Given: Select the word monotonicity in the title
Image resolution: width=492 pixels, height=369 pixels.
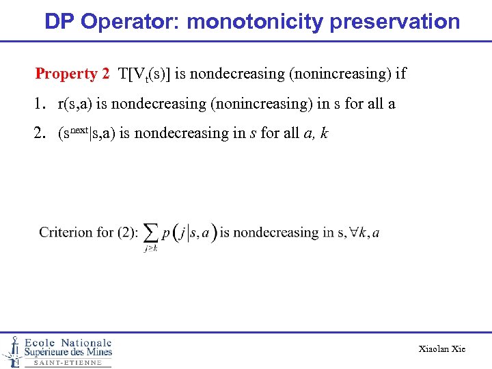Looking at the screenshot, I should (x=255, y=21).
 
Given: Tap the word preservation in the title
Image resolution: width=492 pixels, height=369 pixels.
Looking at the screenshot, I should (x=395, y=21).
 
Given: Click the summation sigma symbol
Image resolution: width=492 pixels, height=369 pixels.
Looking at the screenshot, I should (x=151, y=233).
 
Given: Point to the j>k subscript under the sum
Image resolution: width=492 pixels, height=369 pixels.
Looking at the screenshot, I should (x=151, y=249).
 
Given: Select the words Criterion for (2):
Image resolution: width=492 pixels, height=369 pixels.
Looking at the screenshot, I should (x=87, y=233).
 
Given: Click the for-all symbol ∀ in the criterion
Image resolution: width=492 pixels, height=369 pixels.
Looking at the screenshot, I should (x=354, y=232).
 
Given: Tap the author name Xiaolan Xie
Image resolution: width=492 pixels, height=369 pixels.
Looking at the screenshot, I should (x=441, y=349).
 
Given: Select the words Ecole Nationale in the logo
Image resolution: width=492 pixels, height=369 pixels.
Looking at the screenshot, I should (x=68, y=342).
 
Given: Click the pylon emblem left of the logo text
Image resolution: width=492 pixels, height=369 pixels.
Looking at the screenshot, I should (x=12, y=351).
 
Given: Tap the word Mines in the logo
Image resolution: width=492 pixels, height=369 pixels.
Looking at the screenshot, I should (x=96, y=353).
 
